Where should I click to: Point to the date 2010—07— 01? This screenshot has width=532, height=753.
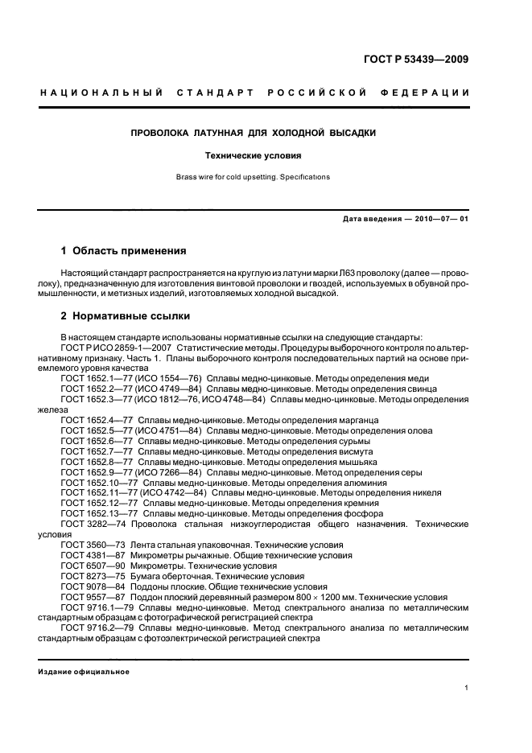pos(433,220)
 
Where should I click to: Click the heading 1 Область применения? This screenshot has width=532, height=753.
pos(124,251)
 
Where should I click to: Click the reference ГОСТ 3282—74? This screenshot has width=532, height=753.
pos(90,524)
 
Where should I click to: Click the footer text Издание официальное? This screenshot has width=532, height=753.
pos(84,672)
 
